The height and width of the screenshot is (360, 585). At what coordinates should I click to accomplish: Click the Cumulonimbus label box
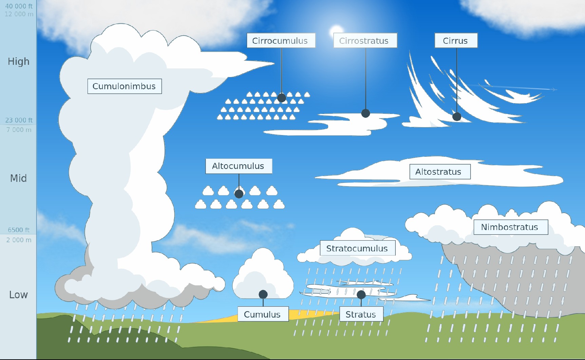click(125, 86)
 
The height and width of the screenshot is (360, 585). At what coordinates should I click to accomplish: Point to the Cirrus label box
click(456, 41)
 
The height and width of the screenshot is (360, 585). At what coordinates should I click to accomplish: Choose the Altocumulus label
click(239, 166)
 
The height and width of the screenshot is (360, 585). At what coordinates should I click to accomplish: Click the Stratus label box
click(361, 314)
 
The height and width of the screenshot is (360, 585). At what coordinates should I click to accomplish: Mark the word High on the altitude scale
click(19, 61)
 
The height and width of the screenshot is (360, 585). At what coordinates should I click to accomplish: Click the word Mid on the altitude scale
click(18, 178)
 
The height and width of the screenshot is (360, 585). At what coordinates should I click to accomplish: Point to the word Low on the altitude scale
click(18, 295)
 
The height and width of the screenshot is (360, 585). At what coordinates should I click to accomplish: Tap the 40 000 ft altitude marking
click(19, 6)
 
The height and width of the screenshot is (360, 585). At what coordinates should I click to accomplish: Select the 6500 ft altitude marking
click(19, 230)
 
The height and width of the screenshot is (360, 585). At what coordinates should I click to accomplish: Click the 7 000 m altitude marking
click(19, 130)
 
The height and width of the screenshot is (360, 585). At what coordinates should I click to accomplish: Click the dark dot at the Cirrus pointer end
click(457, 117)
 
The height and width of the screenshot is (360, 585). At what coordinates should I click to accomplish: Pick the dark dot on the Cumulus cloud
click(263, 294)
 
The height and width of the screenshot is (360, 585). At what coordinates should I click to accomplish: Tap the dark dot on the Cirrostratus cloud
click(365, 113)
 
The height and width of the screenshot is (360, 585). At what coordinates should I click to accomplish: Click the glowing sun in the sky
click(337, 32)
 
